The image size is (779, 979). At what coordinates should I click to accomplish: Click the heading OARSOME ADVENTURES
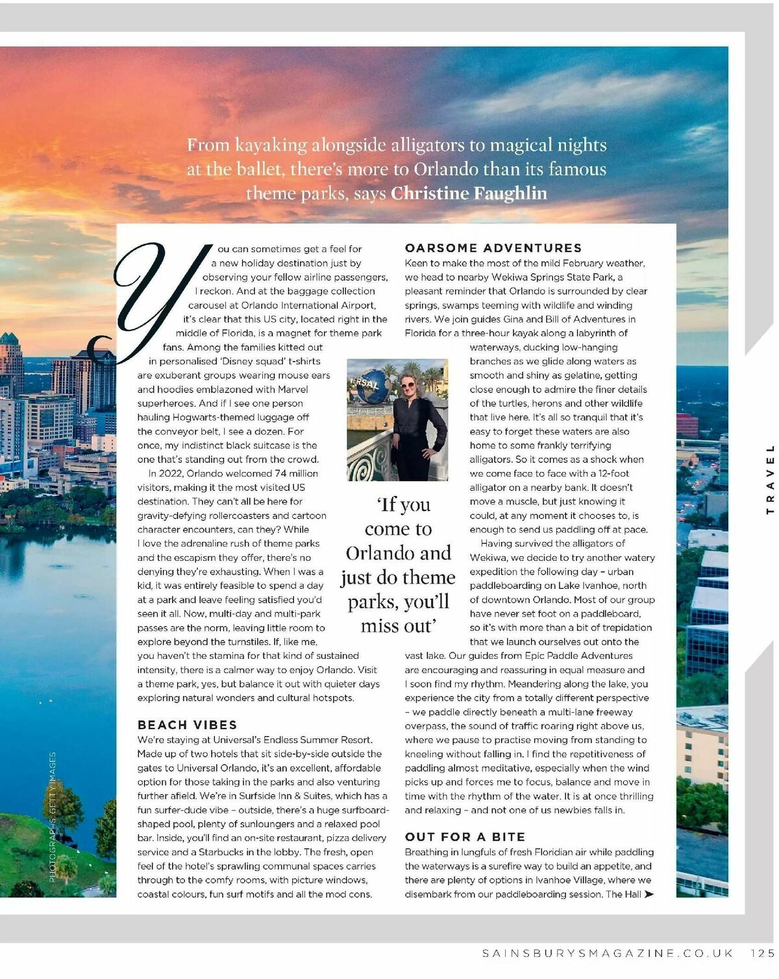point(493,248)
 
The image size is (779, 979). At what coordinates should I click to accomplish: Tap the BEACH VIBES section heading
point(187,725)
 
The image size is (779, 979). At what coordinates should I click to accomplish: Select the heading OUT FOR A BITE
point(465,837)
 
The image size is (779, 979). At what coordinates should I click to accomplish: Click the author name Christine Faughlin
point(469,193)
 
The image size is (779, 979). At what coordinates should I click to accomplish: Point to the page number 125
point(762,953)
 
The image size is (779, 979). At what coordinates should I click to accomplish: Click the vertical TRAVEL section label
point(771,478)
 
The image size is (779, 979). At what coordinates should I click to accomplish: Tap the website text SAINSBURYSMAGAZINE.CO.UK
point(608,953)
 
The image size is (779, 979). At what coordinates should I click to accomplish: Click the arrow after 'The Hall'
point(649,895)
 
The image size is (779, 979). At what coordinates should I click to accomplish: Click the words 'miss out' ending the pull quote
point(398,626)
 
